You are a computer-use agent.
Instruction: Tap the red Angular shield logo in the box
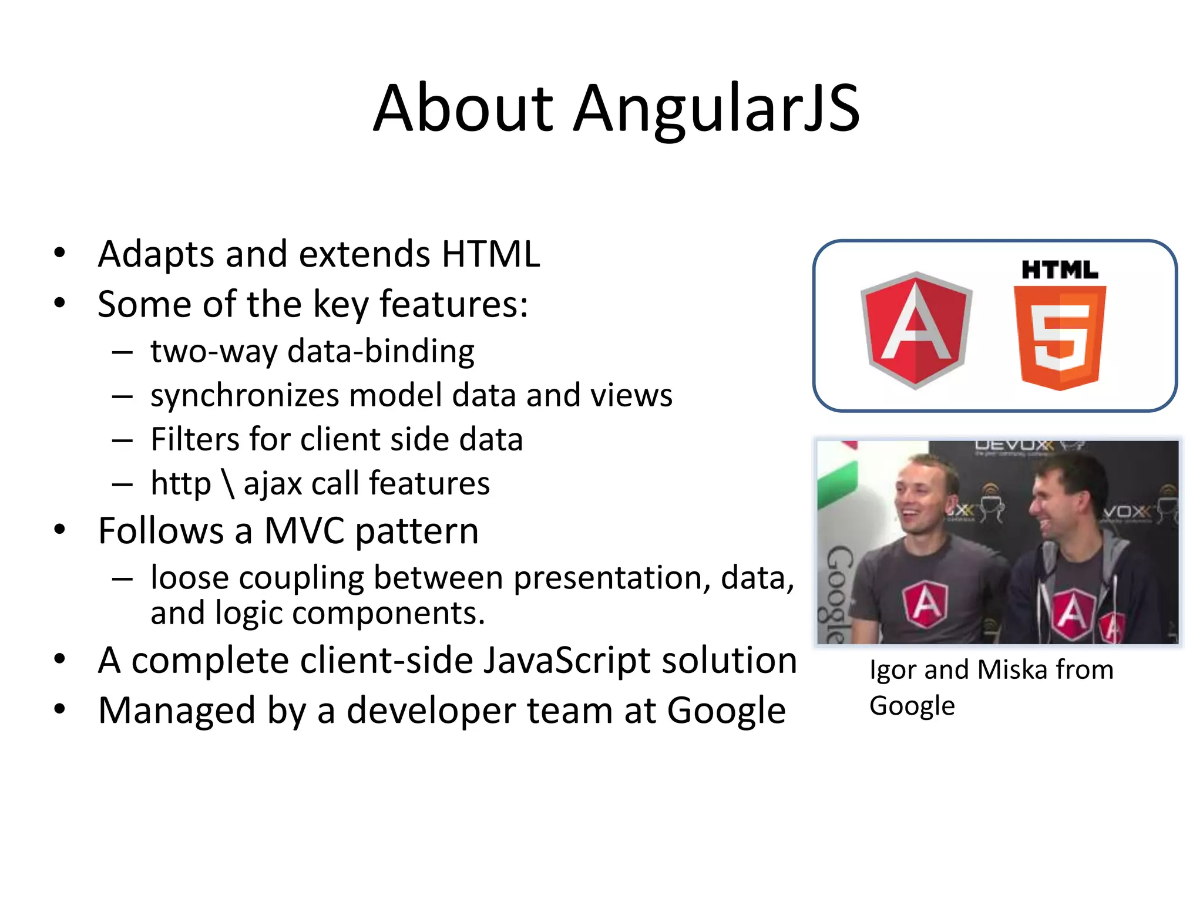tap(916, 330)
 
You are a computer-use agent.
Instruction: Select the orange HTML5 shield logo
tap(1059, 337)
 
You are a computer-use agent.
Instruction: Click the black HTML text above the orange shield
tap(1059, 270)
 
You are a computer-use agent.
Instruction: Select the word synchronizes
tap(244, 395)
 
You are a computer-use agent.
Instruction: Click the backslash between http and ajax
tap(228, 483)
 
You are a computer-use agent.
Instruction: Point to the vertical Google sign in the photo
tap(838, 593)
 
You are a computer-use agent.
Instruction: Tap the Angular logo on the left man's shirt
tap(925, 604)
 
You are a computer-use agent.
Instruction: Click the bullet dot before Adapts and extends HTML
tap(59, 253)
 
